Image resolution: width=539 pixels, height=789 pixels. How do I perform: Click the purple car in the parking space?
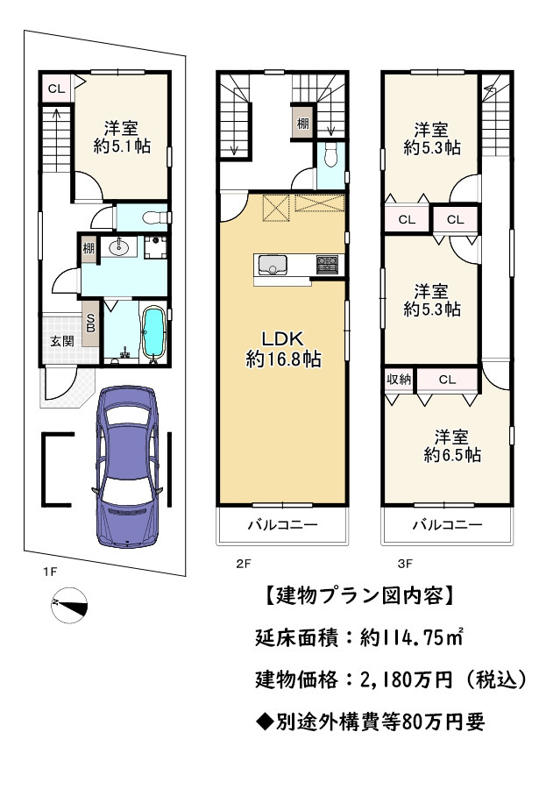click(x=127, y=467)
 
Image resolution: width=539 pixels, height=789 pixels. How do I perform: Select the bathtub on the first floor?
click(x=152, y=332)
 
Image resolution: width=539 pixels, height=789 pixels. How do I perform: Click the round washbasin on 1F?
click(x=120, y=246)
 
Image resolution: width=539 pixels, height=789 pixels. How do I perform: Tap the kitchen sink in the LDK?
click(x=273, y=265)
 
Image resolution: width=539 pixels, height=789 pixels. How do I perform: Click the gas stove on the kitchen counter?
click(x=328, y=263)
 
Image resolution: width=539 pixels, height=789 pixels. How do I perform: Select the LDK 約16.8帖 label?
click(x=283, y=349)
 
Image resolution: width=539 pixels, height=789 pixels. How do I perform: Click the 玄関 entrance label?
click(x=62, y=341)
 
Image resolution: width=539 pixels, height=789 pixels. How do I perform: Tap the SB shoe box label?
click(x=91, y=323)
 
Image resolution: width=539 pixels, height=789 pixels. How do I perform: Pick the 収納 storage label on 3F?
click(x=399, y=379)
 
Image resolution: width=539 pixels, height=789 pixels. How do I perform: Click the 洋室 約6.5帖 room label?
click(x=452, y=445)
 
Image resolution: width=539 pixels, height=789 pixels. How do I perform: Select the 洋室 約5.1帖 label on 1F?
click(x=122, y=137)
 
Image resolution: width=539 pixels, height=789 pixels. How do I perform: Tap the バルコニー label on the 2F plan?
click(x=283, y=525)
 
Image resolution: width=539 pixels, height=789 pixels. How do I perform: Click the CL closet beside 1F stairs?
click(x=56, y=89)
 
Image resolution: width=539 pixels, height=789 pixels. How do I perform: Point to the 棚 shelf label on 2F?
click(x=302, y=122)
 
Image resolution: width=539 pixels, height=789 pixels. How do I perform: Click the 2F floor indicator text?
click(x=243, y=564)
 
